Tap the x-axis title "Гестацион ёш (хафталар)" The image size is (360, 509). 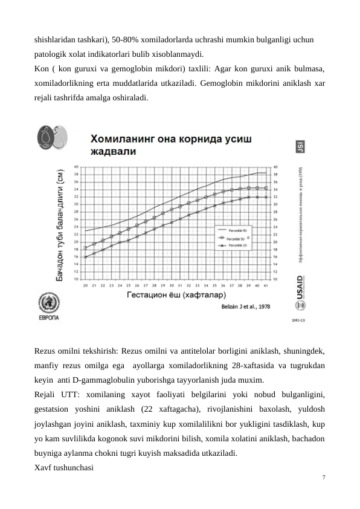click(176, 296)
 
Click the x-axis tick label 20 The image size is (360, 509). click(86, 285)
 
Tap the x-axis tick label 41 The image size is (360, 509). click(266, 285)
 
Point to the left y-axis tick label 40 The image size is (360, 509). click(76, 166)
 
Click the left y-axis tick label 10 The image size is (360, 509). click(76, 279)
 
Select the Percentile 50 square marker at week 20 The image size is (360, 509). click(86, 248)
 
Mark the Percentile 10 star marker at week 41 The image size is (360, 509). click(266, 196)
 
